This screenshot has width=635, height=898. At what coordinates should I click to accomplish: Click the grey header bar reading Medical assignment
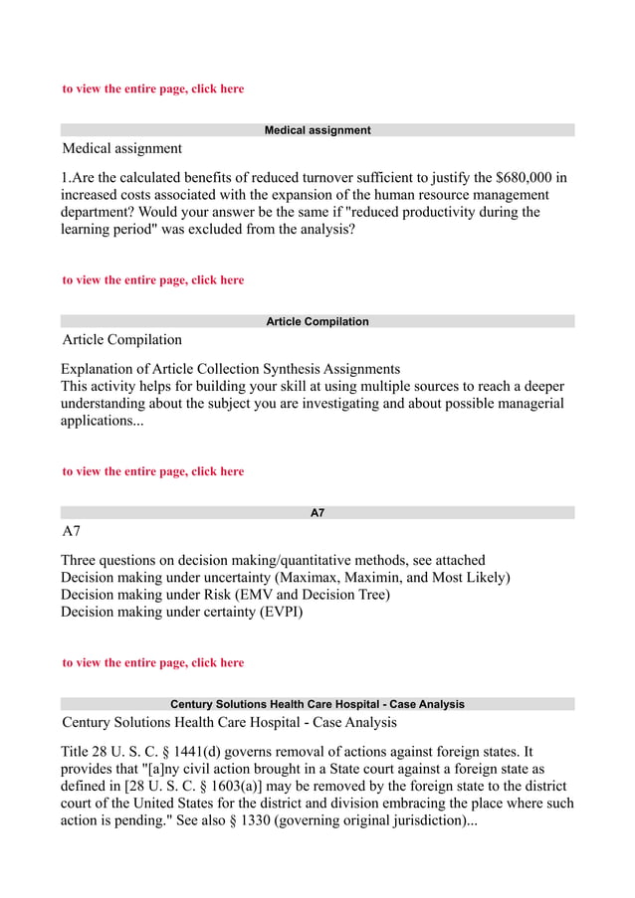(x=317, y=130)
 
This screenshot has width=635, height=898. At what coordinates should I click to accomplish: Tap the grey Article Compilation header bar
(x=317, y=321)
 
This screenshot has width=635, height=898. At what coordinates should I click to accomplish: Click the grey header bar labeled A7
(x=317, y=513)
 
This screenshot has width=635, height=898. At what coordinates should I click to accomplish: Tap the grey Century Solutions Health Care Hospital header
(x=317, y=704)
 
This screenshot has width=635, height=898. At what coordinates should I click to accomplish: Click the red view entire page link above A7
(x=152, y=471)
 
